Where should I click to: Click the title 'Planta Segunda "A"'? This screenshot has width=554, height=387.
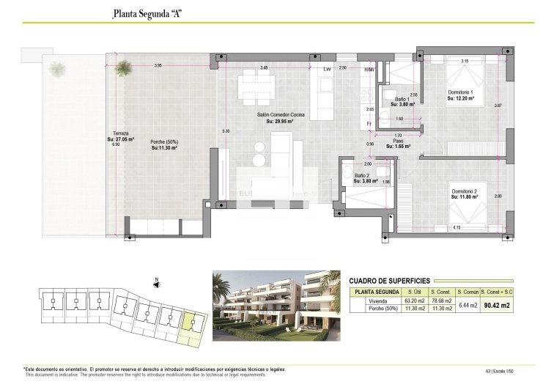[147, 12]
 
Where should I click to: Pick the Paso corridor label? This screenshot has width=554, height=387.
[397, 143]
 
